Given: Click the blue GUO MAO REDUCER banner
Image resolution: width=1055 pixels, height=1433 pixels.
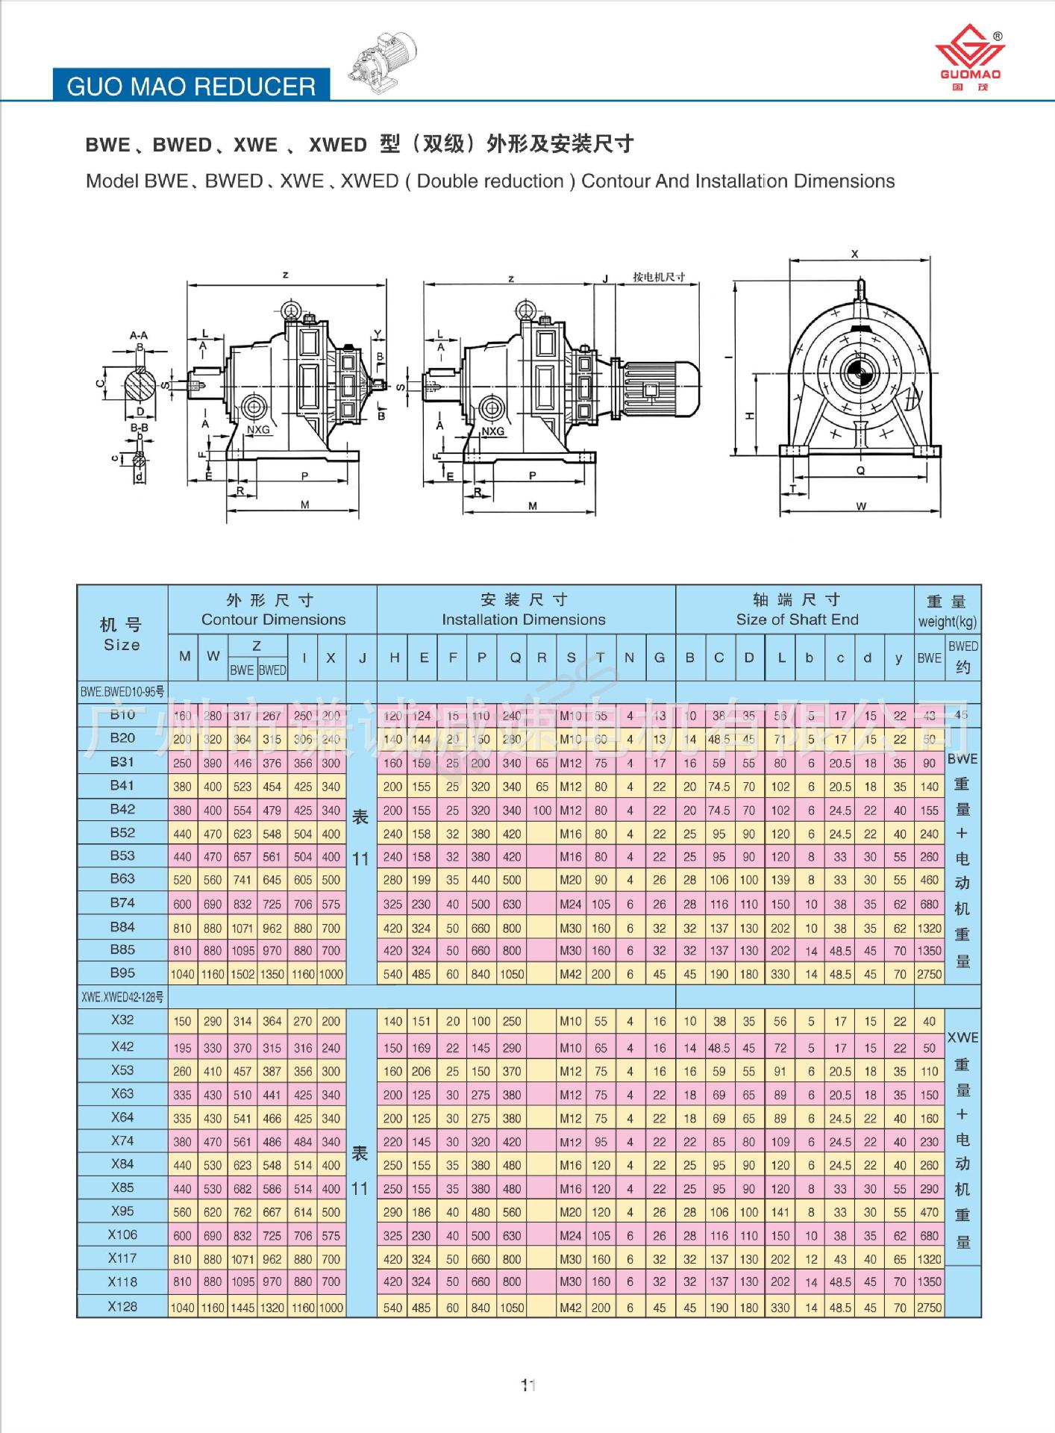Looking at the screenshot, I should (191, 86).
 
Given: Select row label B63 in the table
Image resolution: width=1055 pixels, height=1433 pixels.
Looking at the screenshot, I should (122, 878).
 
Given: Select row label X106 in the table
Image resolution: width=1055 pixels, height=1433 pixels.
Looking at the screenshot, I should (122, 1234).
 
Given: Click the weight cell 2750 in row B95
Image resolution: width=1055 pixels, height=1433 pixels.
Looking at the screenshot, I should (929, 974).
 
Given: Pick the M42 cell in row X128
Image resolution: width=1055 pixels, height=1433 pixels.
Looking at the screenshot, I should (571, 1308).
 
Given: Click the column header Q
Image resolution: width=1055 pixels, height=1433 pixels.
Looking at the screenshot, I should (515, 658).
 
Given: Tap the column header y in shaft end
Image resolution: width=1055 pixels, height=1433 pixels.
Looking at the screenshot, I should (899, 658).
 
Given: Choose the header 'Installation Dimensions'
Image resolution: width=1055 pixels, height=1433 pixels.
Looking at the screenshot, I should (523, 619).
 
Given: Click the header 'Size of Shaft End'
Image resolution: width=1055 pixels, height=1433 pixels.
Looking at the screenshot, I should (797, 619).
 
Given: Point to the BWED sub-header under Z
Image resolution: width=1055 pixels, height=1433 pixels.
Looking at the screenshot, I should (272, 670).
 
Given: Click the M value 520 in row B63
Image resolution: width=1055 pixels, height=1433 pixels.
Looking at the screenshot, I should (183, 880).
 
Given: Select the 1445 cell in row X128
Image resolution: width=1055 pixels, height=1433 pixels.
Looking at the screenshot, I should (242, 1308).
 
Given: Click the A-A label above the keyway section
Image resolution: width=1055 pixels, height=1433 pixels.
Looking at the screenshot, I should (139, 335).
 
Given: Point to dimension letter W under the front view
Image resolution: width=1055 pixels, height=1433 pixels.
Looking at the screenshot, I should (861, 507).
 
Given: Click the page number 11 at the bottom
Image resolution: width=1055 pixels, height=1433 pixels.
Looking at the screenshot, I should (528, 1385).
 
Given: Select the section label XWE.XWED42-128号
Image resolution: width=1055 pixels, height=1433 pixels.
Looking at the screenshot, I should (122, 997).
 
